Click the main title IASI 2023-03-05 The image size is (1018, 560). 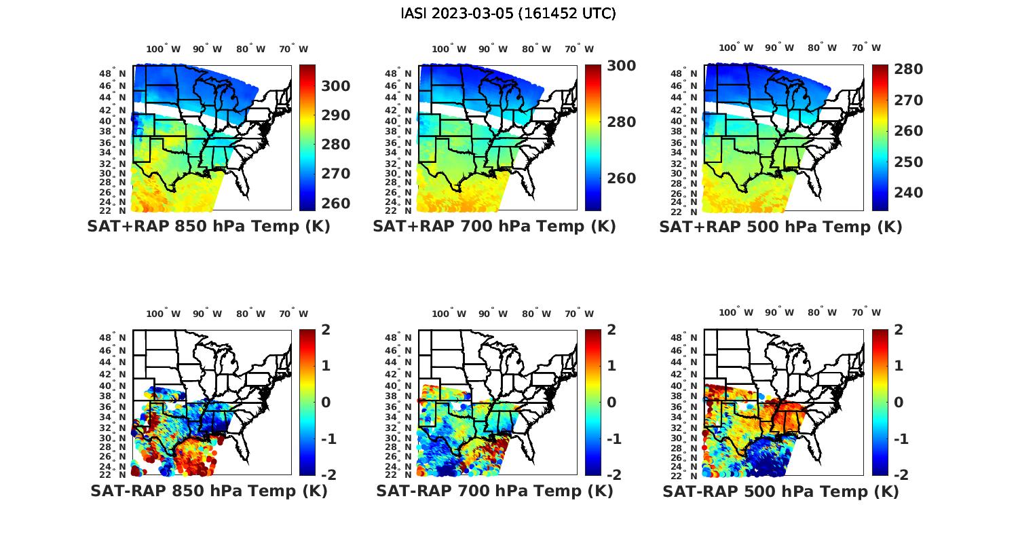click(x=508, y=14)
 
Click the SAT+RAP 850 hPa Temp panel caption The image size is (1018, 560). click(x=208, y=227)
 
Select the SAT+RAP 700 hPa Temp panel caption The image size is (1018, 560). click(x=494, y=227)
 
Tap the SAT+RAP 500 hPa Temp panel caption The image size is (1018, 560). click(x=780, y=227)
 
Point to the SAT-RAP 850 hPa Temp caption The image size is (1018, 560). click(x=208, y=491)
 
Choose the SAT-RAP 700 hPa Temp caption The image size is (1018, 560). click(x=494, y=491)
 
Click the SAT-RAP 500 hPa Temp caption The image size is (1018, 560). click(x=780, y=491)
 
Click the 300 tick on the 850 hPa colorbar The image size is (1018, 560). click(x=336, y=86)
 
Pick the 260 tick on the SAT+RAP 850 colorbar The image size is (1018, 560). click(x=336, y=203)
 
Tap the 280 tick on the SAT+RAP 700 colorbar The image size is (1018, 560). click(x=622, y=122)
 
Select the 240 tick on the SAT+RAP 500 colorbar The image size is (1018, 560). click(x=908, y=193)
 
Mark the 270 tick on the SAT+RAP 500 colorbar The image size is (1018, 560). click(x=908, y=100)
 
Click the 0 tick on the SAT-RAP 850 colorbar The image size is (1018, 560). click(x=326, y=403)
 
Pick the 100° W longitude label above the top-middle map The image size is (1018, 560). click(x=449, y=49)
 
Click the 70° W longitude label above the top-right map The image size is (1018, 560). click(x=867, y=48)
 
